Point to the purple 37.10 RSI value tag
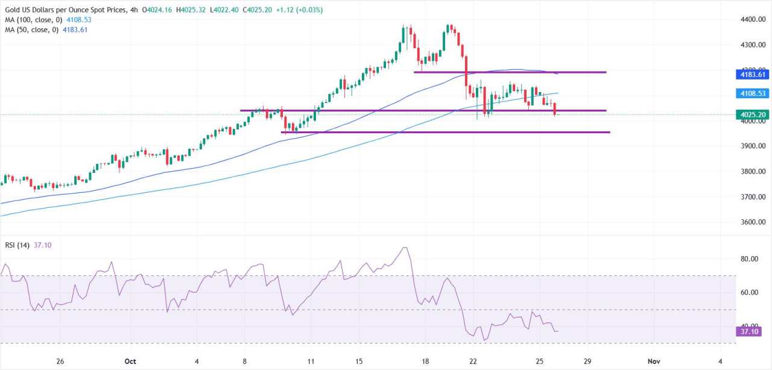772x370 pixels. pos(748,331)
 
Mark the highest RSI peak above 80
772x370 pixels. pos(404,248)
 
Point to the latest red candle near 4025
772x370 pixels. pos(554,108)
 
